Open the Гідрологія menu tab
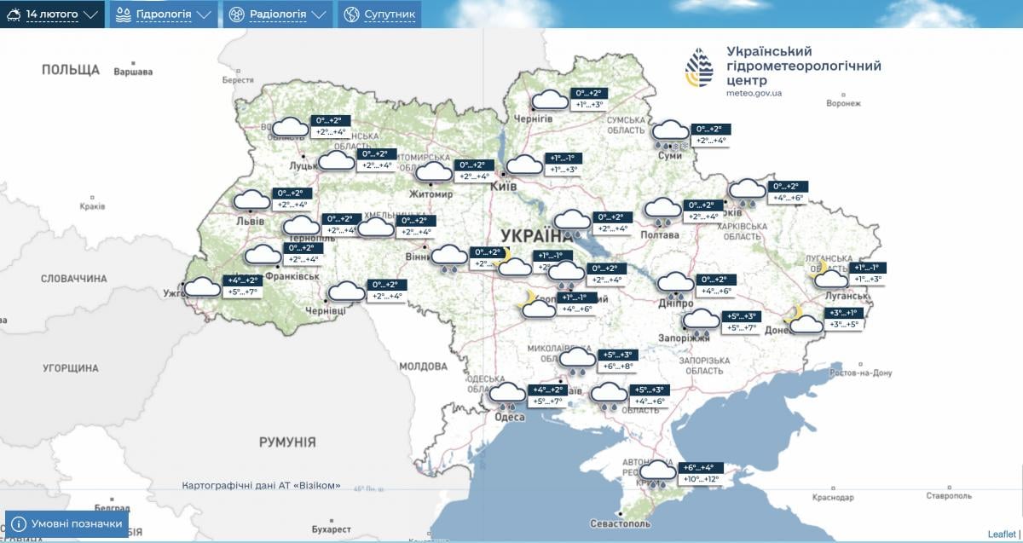point(162,14)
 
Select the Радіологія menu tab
point(277,14)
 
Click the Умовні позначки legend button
point(66,523)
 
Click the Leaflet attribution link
point(1002,534)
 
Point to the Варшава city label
point(133,72)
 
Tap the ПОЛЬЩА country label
point(71,70)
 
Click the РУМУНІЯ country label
point(287,442)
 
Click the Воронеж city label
point(844,103)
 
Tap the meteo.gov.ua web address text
point(754,93)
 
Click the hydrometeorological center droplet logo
point(699,67)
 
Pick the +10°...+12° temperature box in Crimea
point(700,480)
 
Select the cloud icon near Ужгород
point(203,286)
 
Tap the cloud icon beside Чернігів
point(550,101)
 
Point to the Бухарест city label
point(331,529)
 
